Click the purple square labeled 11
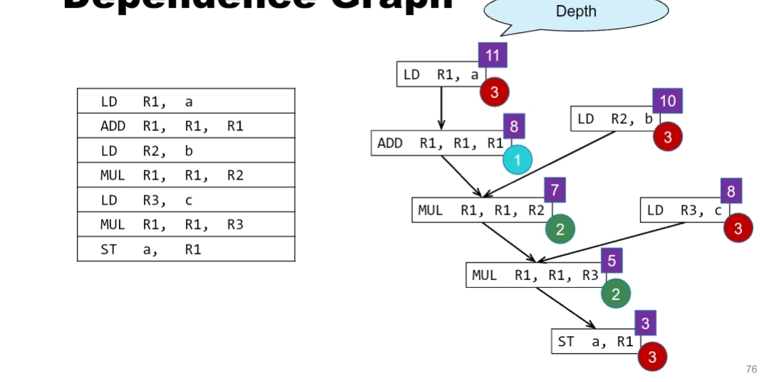point(493,56)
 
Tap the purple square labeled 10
point(667,101)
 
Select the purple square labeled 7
point(555,190)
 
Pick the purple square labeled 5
point(612,262)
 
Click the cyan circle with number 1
point(518,160)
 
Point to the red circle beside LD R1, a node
point(494,92)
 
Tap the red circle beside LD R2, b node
point(668,137)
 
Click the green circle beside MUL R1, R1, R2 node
point(560,229)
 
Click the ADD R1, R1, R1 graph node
point(440,143)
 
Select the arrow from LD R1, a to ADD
point(441,108)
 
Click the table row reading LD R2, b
point(186,151)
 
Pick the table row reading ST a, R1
point(186,249)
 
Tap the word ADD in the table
point(113,126)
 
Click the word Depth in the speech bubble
point(576,11)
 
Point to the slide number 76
point(751,369)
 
